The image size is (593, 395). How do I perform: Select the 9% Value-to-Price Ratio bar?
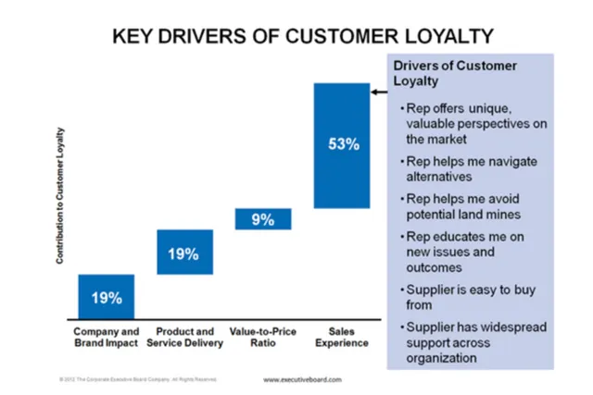[x=262, y=218]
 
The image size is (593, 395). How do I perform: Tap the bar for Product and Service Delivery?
[x=184, y=252]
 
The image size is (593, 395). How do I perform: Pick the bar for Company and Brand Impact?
[x=106, y=297]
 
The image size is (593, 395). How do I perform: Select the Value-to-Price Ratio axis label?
[x=262, y=337]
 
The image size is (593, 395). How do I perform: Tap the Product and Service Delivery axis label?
[x=183, y=337]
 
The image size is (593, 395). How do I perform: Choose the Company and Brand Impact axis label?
[x=106, y=337]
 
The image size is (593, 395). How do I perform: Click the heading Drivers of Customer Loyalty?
[x=455, y=73]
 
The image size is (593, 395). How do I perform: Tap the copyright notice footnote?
[x=138, y=379]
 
